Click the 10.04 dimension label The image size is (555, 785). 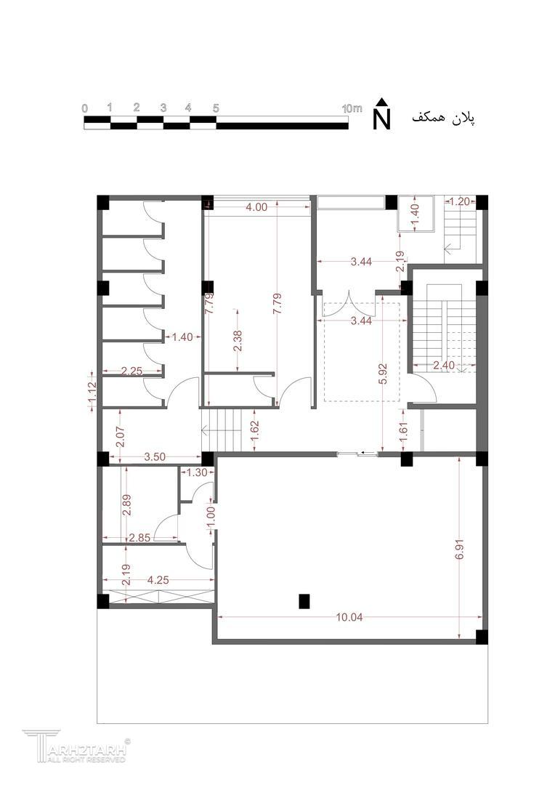click(x=349, y=617)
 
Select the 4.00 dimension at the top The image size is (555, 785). click(x=256, y=206)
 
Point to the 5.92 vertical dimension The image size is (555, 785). click(x=383, y=374)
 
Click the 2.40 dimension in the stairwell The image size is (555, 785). click(x=444, y=366)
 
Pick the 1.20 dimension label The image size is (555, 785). click(x=460, y=202)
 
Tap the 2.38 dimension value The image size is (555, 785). click(x=238, y=340)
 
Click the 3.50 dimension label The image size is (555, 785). click(x=155, y=456)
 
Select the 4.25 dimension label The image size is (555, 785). click(x=158, y=580)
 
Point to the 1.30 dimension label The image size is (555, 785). click(x=197, y=472)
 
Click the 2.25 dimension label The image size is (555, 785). click(x=132, y=371)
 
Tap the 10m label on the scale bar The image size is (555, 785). click(x=352, y=108)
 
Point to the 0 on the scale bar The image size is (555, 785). click(x=85, y=108)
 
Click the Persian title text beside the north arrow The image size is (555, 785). click(x=443, y=118)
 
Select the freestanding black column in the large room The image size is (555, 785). click(x=304, y=601)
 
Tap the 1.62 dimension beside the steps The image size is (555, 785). click(x=254, y=430)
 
